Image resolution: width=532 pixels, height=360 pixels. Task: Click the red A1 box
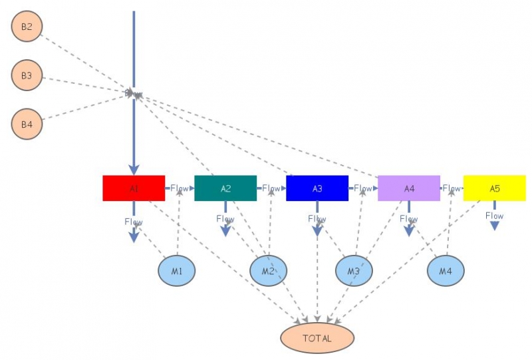(134, 188)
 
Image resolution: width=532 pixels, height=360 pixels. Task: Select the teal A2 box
(225, 188)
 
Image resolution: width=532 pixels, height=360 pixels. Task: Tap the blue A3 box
(317, 188)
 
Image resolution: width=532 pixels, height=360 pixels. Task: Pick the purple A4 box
(409, 188)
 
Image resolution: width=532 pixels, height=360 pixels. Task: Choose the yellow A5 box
(494, 188)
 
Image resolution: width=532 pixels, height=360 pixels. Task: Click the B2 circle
(27, 27)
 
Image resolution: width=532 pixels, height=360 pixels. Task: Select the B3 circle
(27, 76)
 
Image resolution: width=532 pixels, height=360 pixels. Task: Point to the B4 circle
(27, 124)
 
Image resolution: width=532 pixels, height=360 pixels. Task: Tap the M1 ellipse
(176, 271)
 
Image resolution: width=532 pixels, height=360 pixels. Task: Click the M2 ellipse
(268, 271)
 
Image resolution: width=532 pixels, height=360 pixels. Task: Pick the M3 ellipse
(353, 271)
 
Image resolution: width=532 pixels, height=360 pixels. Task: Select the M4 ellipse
(445, 271)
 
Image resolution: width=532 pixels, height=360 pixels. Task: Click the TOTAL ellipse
(317, 338)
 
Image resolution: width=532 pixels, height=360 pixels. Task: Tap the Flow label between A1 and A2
(180, 188)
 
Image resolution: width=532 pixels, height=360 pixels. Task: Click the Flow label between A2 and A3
(271, 188)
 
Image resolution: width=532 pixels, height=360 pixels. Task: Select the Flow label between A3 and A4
(363, 188)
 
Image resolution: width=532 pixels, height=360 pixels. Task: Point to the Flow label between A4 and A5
(452, 188)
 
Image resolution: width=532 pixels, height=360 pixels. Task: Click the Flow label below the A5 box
(494, 216)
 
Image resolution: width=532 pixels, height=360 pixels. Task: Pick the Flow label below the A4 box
(409, 219)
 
